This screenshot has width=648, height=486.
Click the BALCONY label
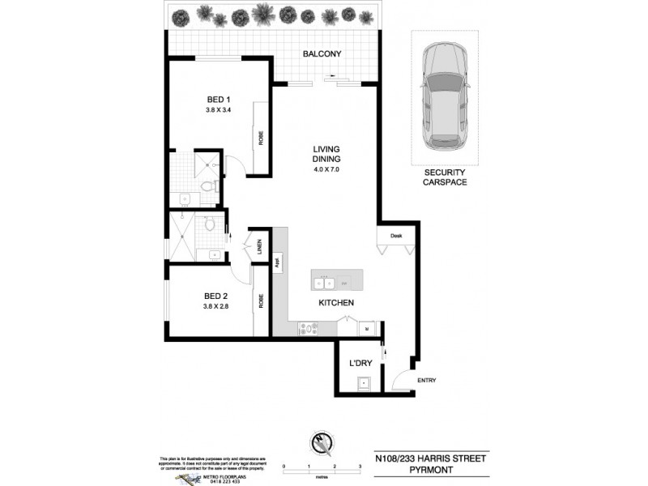pyautogui.click(x=322, y=54)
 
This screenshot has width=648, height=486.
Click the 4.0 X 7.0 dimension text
pyautogui.click(x=326, y=169)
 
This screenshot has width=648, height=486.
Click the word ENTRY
pyautogui.click(x=426, y=381)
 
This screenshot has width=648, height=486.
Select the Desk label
pyautogui.click(x=396, y=236)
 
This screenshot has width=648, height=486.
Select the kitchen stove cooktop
pyautogui.click(x=309, y=328)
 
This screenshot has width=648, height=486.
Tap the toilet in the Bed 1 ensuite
pyautogui.click(x=208, y=186)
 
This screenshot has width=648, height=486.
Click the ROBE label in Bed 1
pyautogui.click(x=261, y=138)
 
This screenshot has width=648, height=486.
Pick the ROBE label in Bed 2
pyautogui.click(x=261, y=301)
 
